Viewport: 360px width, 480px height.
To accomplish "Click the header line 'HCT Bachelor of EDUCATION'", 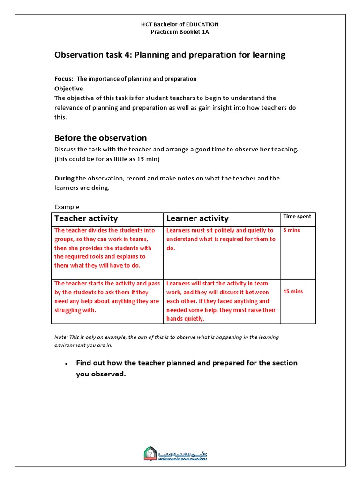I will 180,24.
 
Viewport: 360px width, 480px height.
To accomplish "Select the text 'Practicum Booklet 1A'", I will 180,32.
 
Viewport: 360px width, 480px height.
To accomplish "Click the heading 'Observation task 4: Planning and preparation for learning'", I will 170,55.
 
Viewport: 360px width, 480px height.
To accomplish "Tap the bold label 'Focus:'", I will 64,79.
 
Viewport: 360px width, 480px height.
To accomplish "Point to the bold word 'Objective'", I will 68,89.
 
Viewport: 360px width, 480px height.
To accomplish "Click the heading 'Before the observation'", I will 100,138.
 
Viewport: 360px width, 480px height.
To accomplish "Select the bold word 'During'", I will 64,178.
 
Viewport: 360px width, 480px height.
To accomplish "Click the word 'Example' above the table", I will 67,207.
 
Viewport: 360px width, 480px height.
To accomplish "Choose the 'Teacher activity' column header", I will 86,218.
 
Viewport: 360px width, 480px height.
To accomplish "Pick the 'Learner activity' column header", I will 197,218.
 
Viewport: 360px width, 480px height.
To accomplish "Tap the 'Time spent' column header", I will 297,216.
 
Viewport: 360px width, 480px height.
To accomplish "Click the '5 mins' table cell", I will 292,230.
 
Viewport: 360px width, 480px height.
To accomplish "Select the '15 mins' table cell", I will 293,291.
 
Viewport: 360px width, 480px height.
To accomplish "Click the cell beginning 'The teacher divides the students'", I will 107,248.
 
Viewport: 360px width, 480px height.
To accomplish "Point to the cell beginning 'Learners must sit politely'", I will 221,239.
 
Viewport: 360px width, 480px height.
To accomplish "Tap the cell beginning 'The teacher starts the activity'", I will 107,297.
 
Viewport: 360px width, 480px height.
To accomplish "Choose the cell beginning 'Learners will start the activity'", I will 221,301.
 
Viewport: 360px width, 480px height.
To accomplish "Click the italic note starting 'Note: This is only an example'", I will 173,341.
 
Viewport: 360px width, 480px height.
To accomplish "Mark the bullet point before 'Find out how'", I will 67,364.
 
